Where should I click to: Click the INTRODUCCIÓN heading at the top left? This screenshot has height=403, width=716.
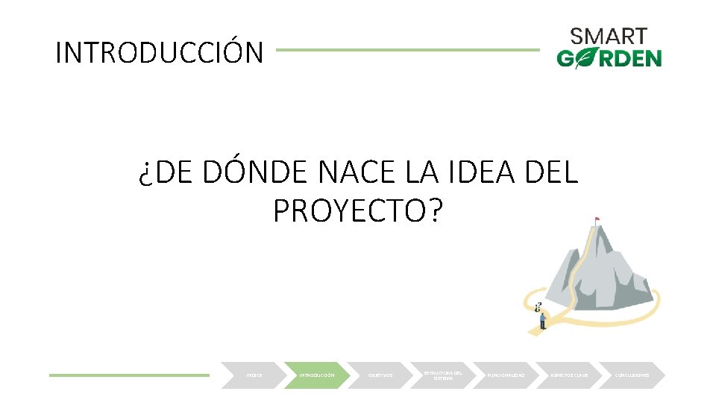point(160,52)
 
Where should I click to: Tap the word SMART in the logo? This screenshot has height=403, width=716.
point(609,37)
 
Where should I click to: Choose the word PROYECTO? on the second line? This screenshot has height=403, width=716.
point(358,212)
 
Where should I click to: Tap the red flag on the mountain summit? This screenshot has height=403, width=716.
point(597,219)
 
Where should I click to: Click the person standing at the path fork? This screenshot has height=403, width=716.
point(542,320)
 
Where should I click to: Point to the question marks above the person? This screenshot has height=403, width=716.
point(537,306)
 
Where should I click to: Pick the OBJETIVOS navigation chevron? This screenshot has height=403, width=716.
point(380,375)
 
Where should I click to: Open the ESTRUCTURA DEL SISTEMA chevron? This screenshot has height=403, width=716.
point(443,375)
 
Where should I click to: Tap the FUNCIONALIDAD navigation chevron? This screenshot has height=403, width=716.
point(507,375)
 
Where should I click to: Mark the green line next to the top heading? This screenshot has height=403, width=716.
point(407,51)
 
